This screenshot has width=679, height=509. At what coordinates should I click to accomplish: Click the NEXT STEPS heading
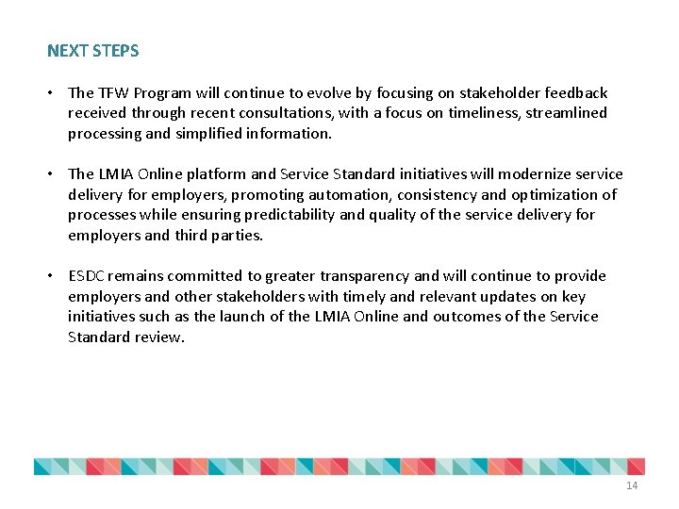click(x=92, y=51)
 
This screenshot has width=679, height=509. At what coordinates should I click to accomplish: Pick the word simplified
click(x=207, y=134)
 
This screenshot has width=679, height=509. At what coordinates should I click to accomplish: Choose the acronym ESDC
click(x=88, y=276)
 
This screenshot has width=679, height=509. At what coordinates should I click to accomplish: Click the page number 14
click(x=631, y=485)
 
